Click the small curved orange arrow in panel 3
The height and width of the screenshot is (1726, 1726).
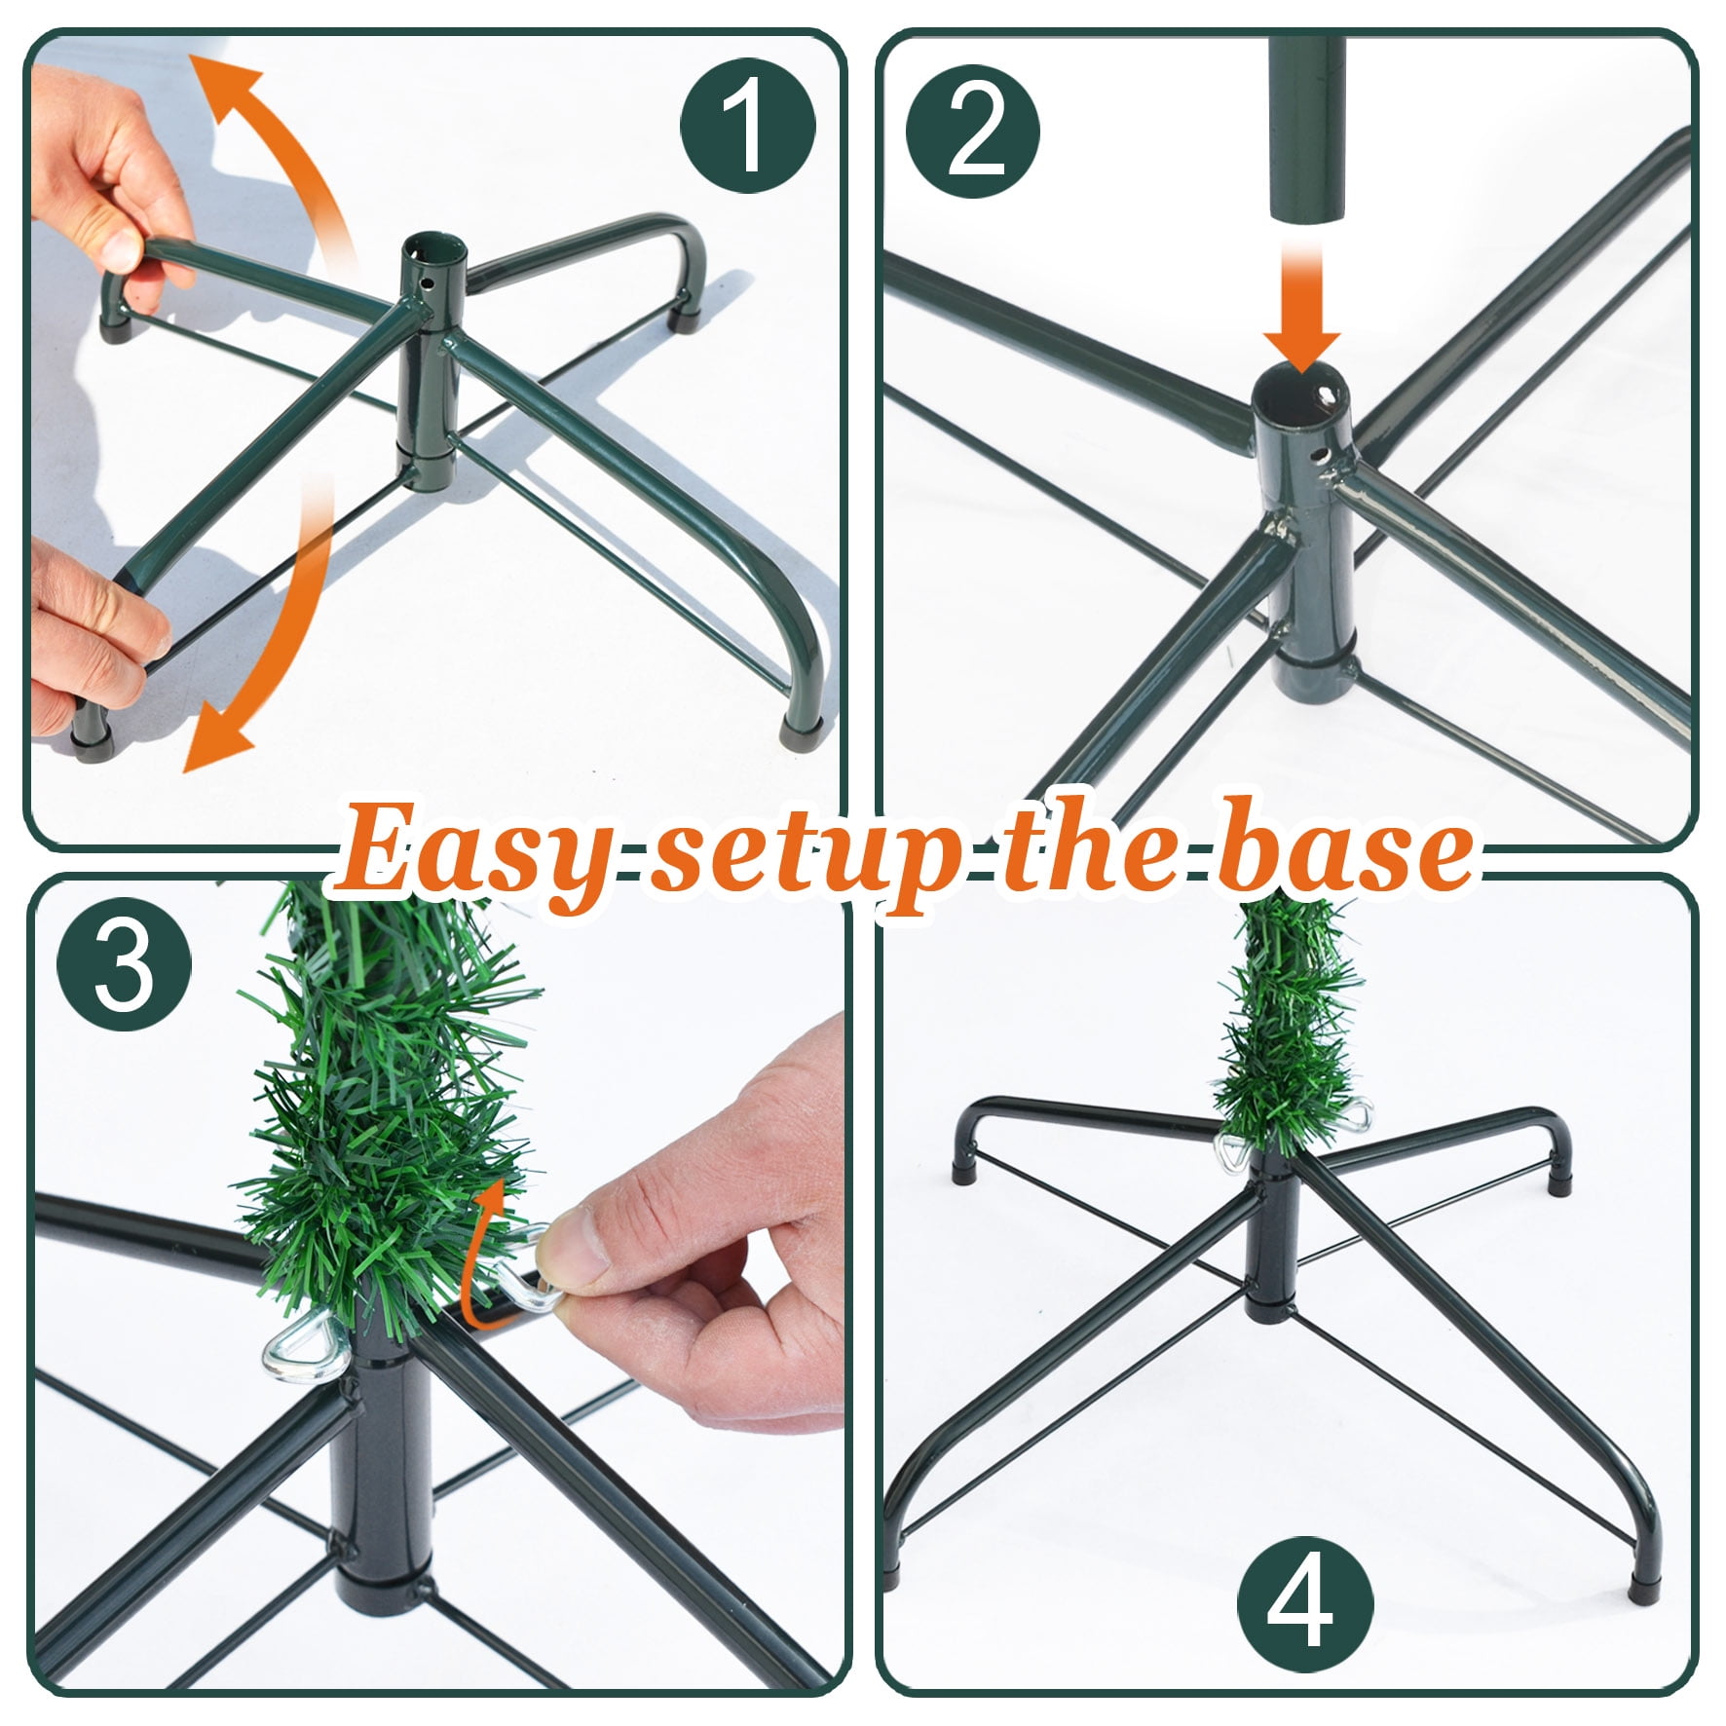480,1247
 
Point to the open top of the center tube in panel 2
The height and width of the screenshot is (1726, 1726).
1300,391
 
